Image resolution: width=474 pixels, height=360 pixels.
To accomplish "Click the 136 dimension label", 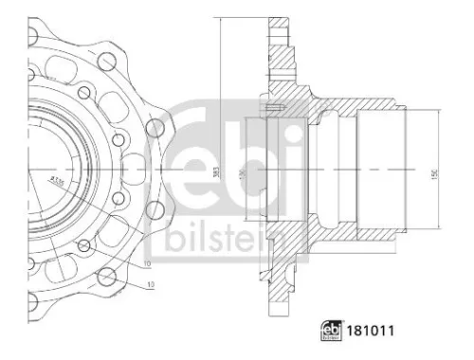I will pos(243,174).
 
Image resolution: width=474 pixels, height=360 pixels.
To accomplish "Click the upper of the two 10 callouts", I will pos(147,261).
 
